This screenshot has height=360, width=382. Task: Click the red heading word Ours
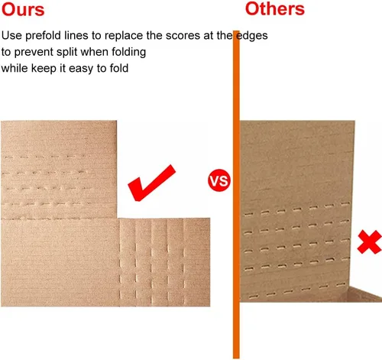tap(23, 10)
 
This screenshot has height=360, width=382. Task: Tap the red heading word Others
tap(275, 9)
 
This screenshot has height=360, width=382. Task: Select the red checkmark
tap(152, 183)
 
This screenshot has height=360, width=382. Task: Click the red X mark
tap(370, 242)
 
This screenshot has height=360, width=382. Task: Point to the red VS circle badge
tap(219, 180)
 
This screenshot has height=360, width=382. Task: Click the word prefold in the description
tap(43, 36)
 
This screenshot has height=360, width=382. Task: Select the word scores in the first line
tap(183, 36)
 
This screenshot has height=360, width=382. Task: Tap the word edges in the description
tap(252, 36)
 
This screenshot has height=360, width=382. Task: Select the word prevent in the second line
tap(34, 52)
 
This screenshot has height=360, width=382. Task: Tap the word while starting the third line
tap(15, 68)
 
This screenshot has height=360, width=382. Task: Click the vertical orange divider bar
tap(236, 194)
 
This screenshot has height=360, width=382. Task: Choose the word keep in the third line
tap(44, 69)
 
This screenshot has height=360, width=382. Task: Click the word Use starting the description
tap(11, 35)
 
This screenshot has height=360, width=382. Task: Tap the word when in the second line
tap(94, 52)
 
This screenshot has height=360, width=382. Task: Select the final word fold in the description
tap(119, 68)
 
